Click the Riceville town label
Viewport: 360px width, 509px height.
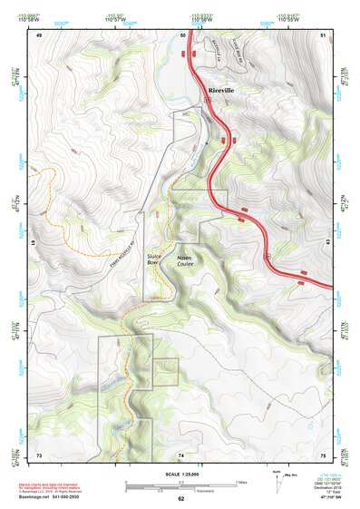click(x=221, y=93)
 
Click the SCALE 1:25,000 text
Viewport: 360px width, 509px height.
click(x=180, y=475)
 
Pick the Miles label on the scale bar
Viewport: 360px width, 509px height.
click(x=241, y=481)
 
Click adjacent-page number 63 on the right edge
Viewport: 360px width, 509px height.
click(x=324, y=243)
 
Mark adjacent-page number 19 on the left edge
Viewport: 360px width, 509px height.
click(x=38, y=243)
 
